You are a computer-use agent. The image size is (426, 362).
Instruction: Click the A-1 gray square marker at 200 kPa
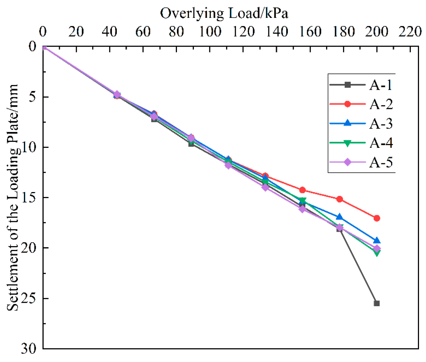pyautogui.click(x=376, y=303)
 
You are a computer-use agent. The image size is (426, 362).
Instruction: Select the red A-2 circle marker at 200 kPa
pyautogui.click(x=376, y=218)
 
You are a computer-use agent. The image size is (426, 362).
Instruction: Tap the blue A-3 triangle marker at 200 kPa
pyautogui.click(x=376, y=241)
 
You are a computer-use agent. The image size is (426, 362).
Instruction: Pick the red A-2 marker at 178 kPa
pyautogui.click(x=339, y=199)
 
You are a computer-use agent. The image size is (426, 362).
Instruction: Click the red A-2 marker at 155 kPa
pyautogui.click(x=302, y=190)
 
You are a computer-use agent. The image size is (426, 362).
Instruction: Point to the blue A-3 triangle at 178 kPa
pyautogui.click(x=339, y=217)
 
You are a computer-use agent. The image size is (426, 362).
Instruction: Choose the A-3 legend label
pyautogui.click(x=381, y=124)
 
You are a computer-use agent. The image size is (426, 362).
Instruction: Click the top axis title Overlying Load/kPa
pyautogui.click(x=224, y=13)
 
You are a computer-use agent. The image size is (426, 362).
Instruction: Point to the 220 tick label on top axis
pyautogui.click(x=410, y=32)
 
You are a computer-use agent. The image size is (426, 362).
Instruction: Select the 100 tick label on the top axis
pyautogui.click(x=210, y=32)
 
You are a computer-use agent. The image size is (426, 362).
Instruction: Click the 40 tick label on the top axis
pyautogui.click(x=110, y=32)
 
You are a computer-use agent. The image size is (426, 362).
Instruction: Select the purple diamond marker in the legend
pyautogui.click(x=348, y=162)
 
